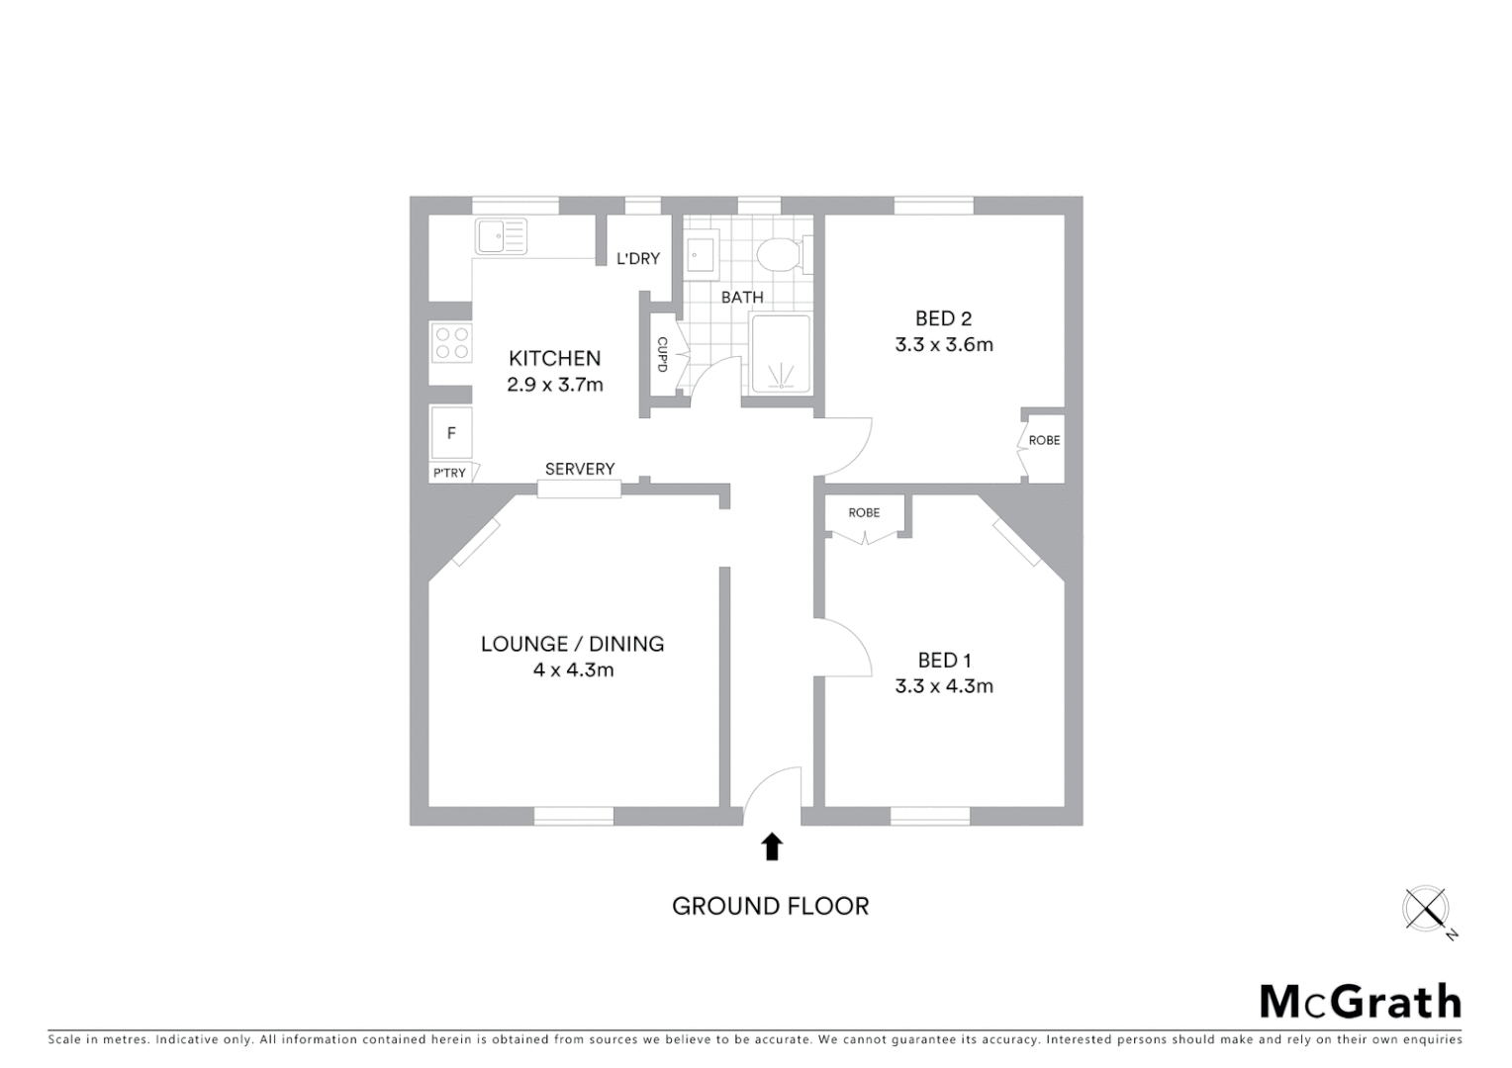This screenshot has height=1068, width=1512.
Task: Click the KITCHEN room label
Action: [x=554, y=358]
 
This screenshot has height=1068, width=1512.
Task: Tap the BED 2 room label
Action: [x=943, y=318]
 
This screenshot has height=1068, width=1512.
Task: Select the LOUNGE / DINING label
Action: [x=572, y=644]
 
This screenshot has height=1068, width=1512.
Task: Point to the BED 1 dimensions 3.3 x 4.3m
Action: [x=944, y=686]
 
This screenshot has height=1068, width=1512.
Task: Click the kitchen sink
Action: [x=501, y=236]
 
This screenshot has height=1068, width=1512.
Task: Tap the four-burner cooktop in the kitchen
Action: [x=451, y=344]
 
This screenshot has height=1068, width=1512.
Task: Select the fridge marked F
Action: [x=451, y=433]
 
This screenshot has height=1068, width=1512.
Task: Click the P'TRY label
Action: [x=449, y=473]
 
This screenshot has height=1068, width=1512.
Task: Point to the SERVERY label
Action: [x=580, y=469]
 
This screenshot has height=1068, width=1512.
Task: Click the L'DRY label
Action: [x=638, y=259]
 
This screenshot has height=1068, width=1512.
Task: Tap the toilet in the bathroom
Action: [x=780, y=254]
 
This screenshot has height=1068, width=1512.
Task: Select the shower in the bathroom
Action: [x=781, y=354]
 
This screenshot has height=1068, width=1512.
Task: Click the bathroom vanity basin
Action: [x=702, y=253]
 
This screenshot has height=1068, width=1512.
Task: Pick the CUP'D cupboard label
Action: [x=662, y=355]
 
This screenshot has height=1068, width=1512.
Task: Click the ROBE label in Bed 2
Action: [x=1044, y=440]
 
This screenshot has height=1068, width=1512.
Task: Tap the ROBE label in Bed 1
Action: [x=864, y=512]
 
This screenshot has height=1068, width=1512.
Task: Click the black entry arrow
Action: [x=772, y=846]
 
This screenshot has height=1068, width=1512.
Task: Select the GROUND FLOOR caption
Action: [x=770, y=906]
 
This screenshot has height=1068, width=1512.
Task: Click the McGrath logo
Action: [x=1360, y=1002]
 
